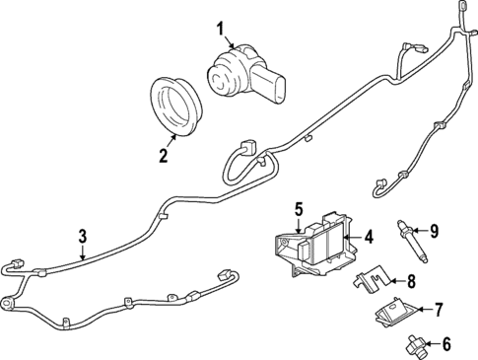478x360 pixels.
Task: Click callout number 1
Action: click(x=221, y=28)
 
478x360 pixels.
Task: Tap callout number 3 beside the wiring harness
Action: click(x=83, y=236)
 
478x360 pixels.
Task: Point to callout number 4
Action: click(x=368, y=237)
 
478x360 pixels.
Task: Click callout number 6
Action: click(x=444, y=344)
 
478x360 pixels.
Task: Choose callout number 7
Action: click(x=440, y=309)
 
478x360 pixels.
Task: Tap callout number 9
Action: click(x=434, y=232)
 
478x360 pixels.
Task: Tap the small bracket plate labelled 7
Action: click(x=393, y=313)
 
